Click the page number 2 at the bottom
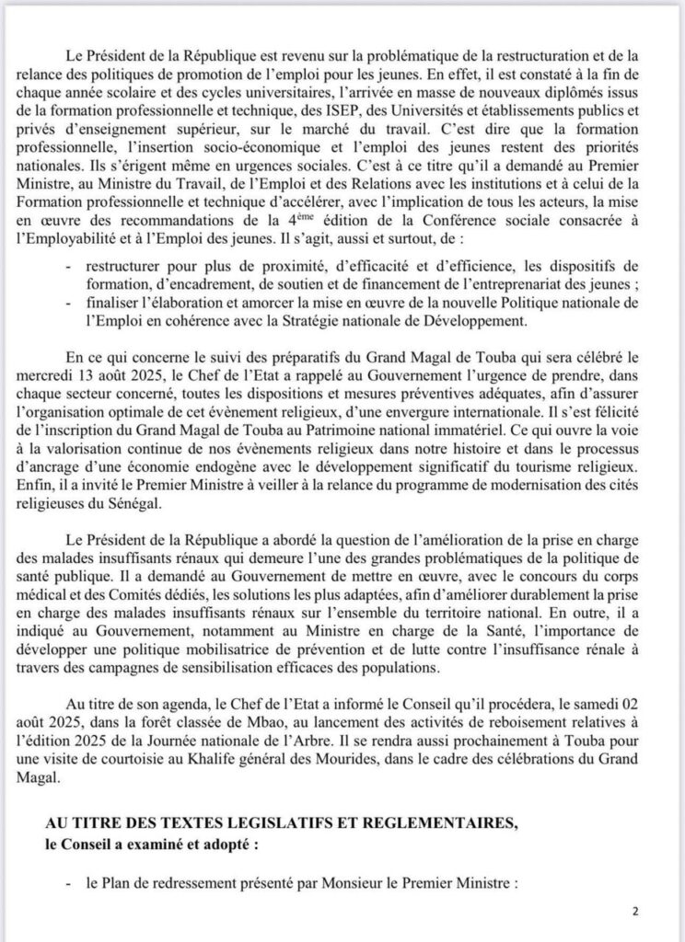pos(634,912)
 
